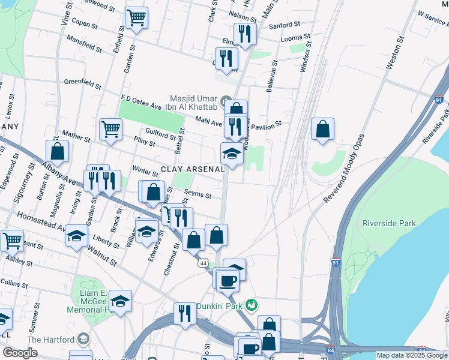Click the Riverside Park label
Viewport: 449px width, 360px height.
click(x=389, y=223)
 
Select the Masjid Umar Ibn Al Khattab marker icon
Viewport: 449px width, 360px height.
click(x=226, y=100)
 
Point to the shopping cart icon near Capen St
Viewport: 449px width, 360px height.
click(x=137, y=17)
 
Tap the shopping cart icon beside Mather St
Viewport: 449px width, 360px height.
click(x=111, y=128)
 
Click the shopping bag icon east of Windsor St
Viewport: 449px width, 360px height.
click(x=322, y=128)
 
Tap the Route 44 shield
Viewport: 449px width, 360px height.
click(x=204, y=263)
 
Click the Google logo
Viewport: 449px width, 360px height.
click(x=20, y=353)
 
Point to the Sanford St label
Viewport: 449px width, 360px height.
click(x=285, y=25)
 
